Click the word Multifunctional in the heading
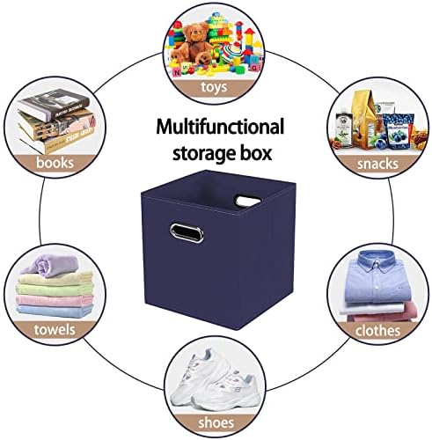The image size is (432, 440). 220,127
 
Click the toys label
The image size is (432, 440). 214,87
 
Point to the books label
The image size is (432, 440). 55,163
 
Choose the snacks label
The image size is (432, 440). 377,164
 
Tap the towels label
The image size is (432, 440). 55,330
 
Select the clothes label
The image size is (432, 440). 377,331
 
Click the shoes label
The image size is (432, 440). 216,423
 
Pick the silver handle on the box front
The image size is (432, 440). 187,233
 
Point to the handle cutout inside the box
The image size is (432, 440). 248,202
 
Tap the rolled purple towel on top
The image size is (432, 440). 50,266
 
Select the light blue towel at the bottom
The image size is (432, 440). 55,312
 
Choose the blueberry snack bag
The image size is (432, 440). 399,131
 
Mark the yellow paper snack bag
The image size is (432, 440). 364,117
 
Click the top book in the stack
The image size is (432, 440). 54,103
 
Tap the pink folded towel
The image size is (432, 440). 55,300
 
